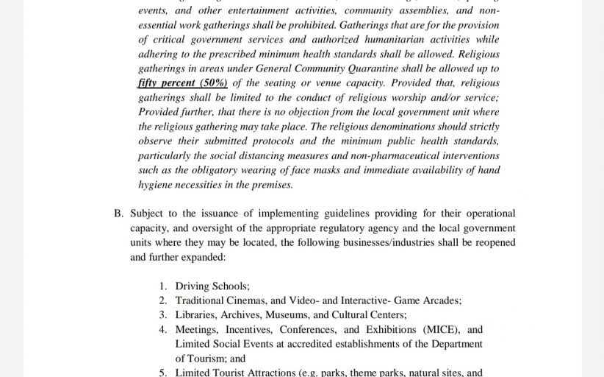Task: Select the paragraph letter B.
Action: [x=118, y=214]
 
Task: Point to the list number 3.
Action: [x=163, y=315]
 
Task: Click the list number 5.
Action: [x=163, y=372]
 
